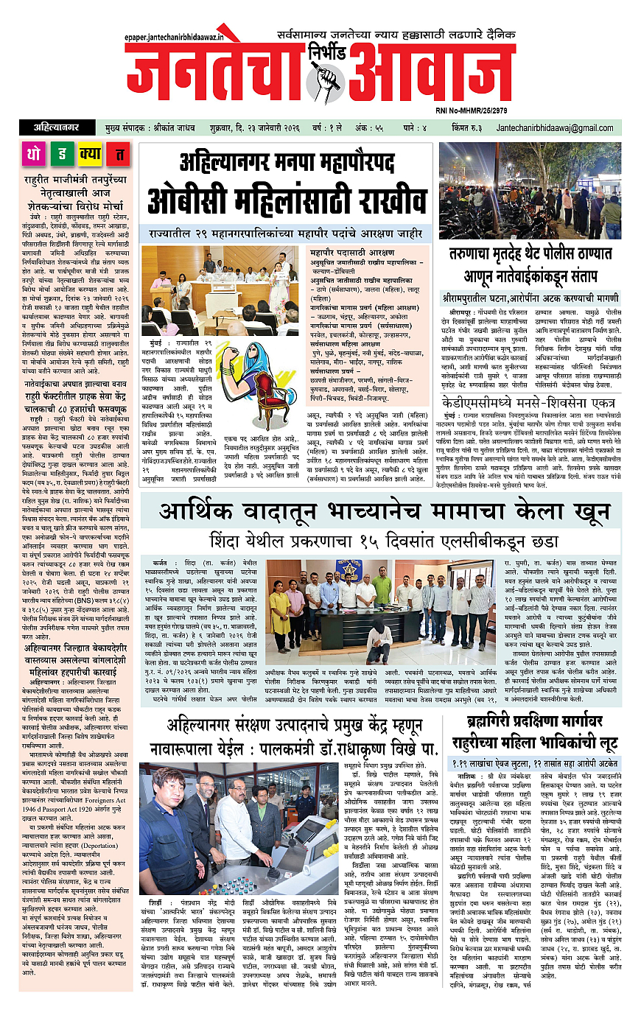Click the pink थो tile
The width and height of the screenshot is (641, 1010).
[34, 155]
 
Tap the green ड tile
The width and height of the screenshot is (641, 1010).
[62, 155]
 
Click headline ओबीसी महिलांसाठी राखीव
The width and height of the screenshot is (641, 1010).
[287, 200]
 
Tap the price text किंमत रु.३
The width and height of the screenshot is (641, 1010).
[473, 128]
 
